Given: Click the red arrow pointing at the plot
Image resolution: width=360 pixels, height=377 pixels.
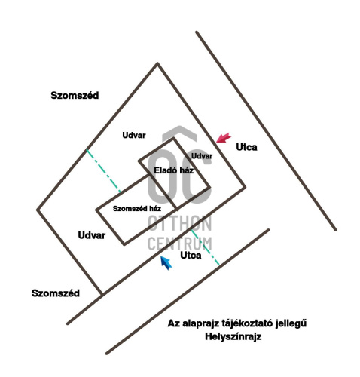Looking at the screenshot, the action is pyautogui.click(x=224, y=138).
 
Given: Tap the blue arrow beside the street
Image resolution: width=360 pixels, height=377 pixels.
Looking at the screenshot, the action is pyautogui.click(x=166, y=262).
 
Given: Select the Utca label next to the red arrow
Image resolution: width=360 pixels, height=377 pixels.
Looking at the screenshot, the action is pyautogui.click(x=246, y=147).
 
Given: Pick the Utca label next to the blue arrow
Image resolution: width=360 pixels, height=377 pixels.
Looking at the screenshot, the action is pyautogui.click(x=191, y=256).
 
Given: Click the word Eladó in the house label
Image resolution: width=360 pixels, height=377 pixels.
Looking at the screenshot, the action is pyautogui.click(x=164, y=170).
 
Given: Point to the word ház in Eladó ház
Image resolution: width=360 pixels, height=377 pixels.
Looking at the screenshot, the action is pyautogui.click(x=185, y=170).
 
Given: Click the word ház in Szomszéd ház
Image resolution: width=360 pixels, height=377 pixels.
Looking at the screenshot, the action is pyautogui.click(x=155, y=208).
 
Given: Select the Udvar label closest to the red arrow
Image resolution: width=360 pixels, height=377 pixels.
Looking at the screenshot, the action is pyautogui.click(x=202, y=156).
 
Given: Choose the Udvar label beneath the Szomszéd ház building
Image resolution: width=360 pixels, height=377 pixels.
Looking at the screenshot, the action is pyautogui.click(x=92, y=235).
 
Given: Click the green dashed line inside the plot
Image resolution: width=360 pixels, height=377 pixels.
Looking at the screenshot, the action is pyautogui.click(x=104, y=171).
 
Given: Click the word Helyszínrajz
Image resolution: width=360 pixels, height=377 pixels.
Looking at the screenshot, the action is pyautogui.click(x=233, y=336).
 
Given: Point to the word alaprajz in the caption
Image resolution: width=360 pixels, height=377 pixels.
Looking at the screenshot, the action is pyautogui.click(x=201, y=323).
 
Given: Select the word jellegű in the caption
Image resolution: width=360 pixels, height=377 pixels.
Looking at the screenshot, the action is pyautogui.click(x=291, y=323).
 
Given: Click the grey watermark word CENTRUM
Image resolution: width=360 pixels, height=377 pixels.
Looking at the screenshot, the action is pyautogui.click(x=180, y=243).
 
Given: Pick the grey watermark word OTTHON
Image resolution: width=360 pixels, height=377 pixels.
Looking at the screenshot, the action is pyautogui.click(x=180, y=223).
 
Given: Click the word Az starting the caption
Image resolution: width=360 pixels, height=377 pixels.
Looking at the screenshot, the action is pyautogui.click(x=174, y=323).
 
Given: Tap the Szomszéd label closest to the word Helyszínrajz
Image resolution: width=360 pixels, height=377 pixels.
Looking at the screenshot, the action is pyautogui.click(x=56, y=293).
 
